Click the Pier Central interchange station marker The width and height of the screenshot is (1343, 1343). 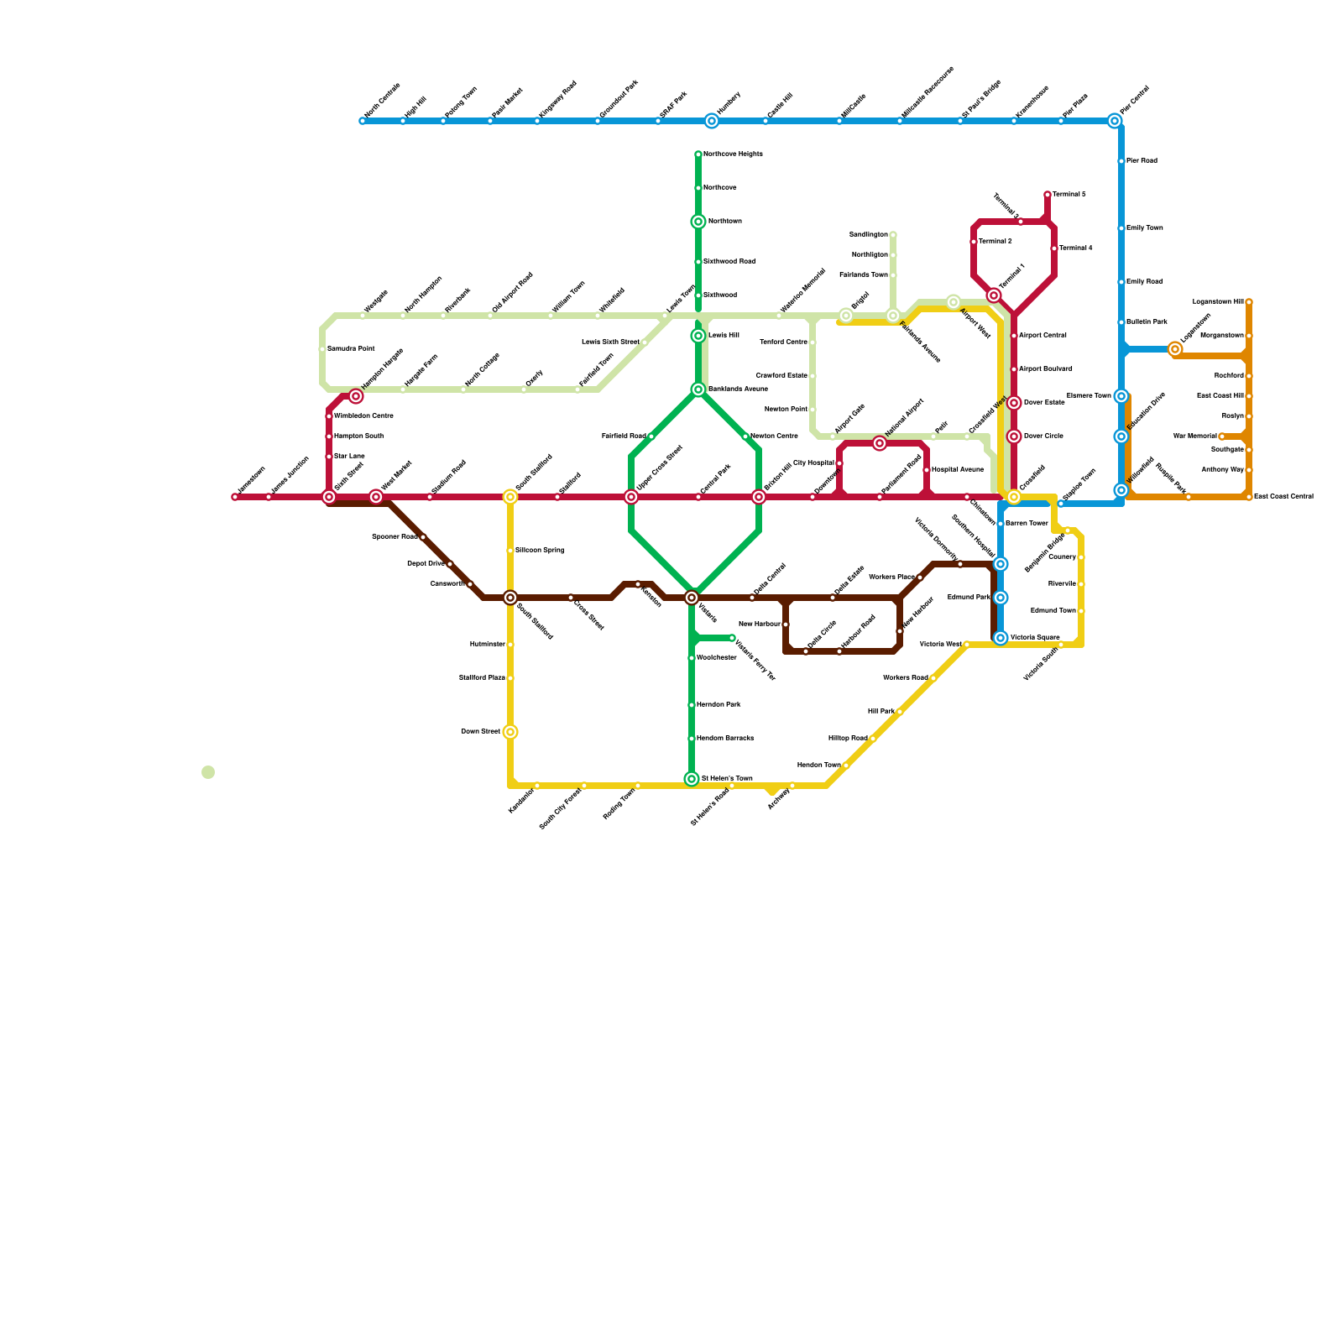1115,121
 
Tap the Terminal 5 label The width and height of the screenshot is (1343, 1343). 1069,195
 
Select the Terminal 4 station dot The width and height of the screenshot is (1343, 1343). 1054,248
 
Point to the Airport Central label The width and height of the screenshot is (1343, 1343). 1043,336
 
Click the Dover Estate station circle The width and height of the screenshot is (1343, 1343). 1014,403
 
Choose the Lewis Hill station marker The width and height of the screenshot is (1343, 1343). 698,336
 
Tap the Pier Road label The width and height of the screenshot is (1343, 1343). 1142,161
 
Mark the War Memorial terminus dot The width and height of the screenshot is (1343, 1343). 1222,436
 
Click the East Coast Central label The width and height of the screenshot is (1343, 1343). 1283,497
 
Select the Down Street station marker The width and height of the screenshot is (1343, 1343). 510,732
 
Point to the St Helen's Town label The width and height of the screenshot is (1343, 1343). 727,779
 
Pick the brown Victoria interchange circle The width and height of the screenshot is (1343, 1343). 692,598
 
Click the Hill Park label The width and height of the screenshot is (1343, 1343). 881,712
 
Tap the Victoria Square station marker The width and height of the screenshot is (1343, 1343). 1001,638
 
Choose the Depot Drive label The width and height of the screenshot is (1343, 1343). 426,564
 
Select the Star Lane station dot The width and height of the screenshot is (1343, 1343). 329,457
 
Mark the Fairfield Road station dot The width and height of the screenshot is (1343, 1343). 651,436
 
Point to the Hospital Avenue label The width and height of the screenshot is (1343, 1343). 957,470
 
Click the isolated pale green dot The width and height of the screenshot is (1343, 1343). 208,772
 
